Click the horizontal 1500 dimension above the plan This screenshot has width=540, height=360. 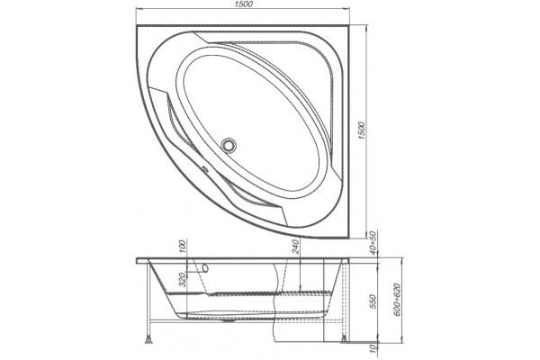click(244, 4)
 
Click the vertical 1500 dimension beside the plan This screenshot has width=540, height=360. click(361, 130)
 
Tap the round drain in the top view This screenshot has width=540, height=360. click(228, 145)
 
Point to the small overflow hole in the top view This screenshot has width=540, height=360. click(204, 169)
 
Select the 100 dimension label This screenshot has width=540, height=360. click(183, 247)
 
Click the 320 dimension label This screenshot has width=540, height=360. click(183, 279)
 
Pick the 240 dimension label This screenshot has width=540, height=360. click(296, 247)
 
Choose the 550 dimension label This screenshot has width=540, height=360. click(374, 301)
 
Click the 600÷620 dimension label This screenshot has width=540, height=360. click(397, 300)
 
